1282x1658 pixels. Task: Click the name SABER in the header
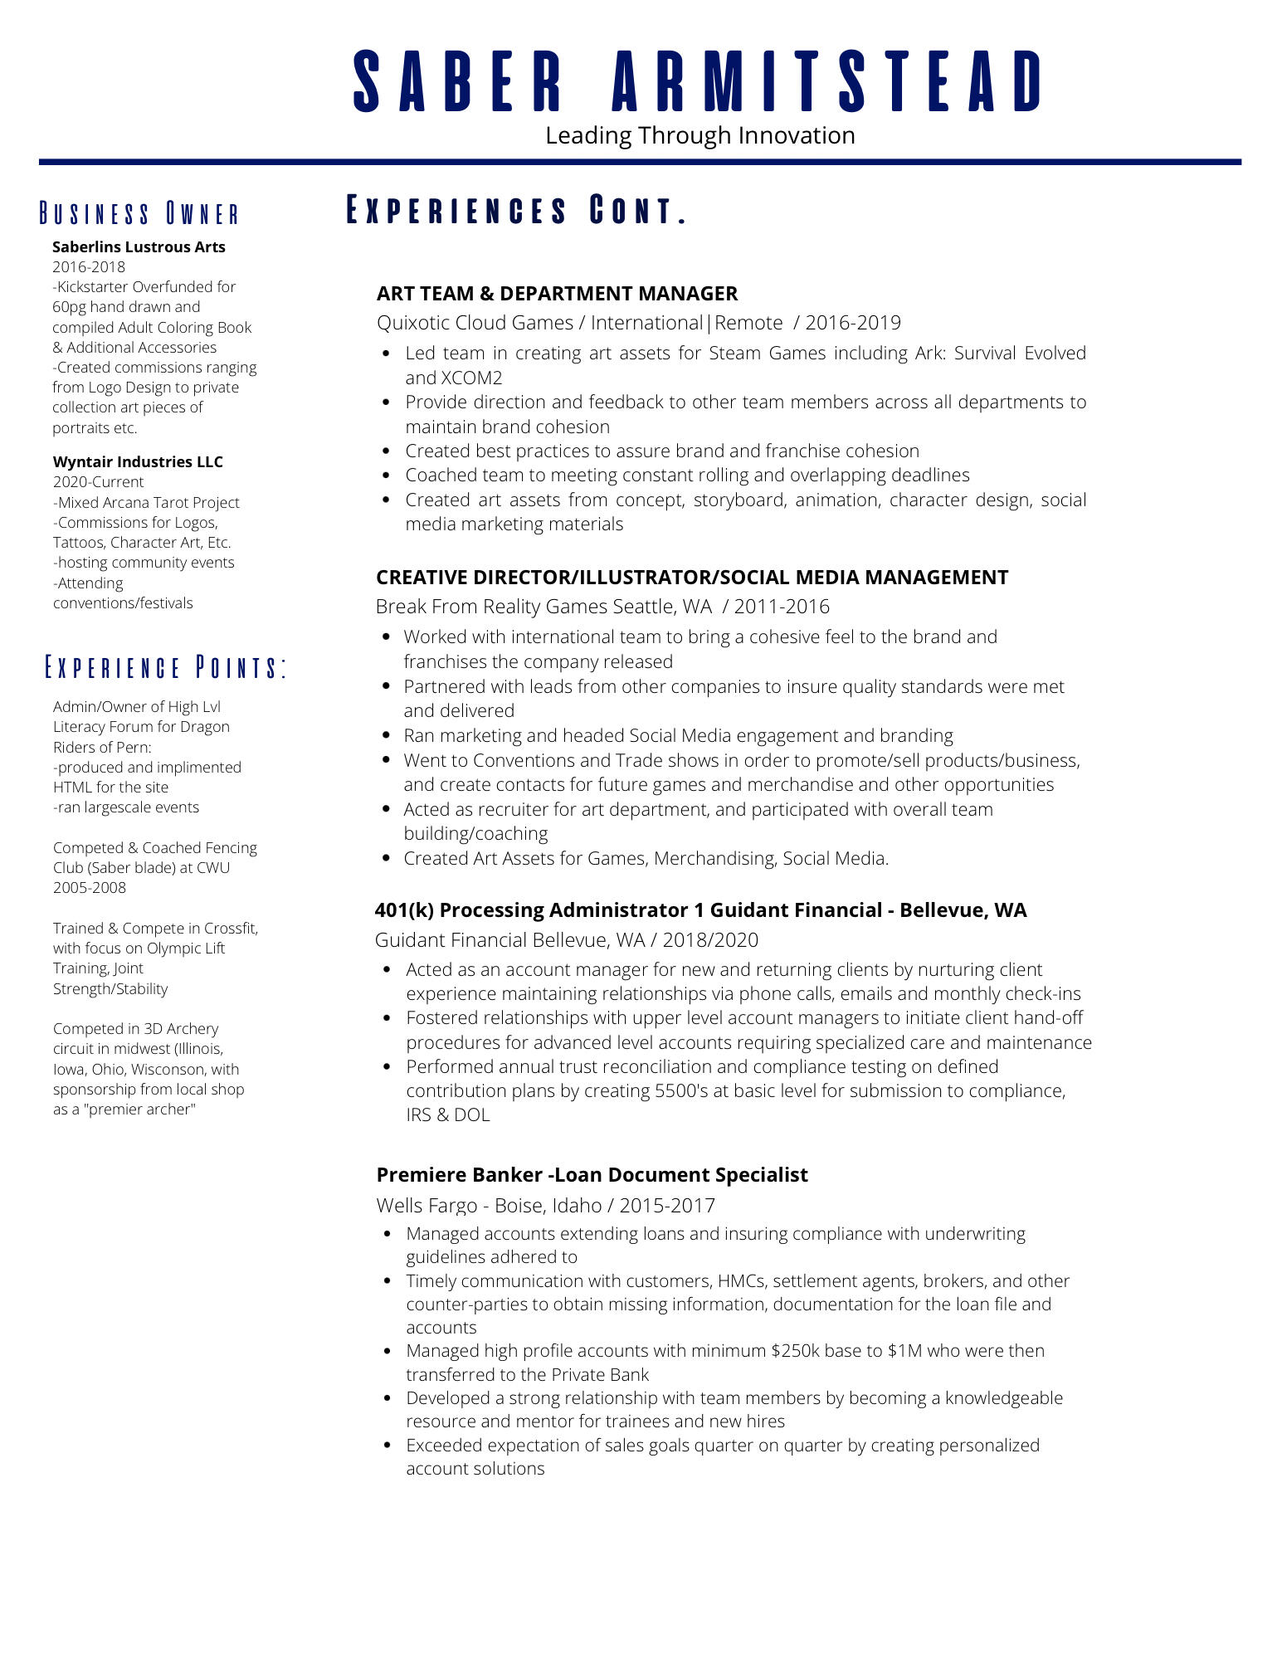point(458,81)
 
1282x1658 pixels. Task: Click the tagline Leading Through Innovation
point(699,135)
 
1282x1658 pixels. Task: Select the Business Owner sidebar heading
point(139,214)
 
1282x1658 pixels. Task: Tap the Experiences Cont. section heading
point(516,211)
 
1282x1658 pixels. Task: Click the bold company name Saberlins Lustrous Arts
point(139,246)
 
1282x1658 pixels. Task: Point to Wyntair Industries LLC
point(138,461)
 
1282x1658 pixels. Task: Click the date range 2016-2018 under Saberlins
point(89,266)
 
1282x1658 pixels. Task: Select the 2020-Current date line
point(98,481)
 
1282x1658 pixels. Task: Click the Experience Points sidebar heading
point(165,667)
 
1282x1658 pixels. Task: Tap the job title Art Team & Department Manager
point(557,293)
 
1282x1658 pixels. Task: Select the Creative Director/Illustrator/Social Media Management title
point(692,577)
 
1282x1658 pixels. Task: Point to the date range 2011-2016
point(782,607)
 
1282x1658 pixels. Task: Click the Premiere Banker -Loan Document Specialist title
point(592,1174)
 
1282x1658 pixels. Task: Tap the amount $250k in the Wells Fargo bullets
point(795,1350)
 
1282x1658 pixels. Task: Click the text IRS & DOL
point(448,1114)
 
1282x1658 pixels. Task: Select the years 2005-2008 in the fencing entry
point(90,887)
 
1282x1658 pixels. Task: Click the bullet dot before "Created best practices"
point(386,451)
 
